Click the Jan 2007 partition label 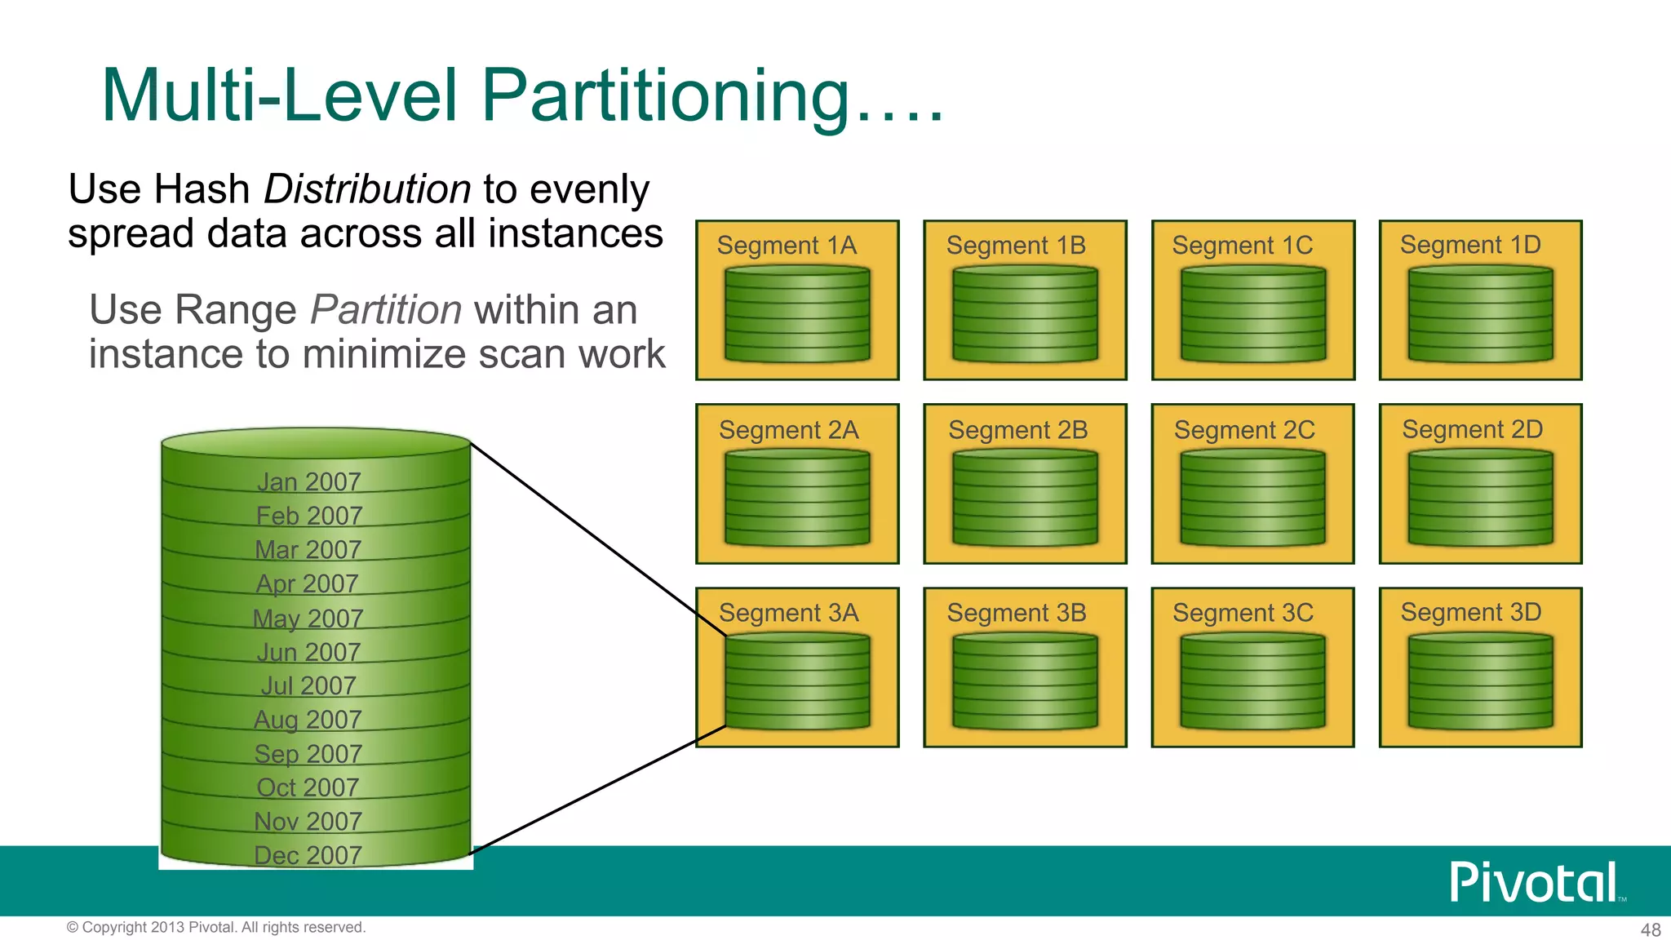pos(308,482)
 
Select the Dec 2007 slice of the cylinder pos(308,855)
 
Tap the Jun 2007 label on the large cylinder pos(308,652)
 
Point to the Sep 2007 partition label pos(308,754)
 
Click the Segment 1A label pos(787,246)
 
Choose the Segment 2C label pos(1244,430)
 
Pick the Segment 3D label pos(1471,613)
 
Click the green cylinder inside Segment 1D pos(1480,315)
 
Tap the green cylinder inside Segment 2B pos(1025,499)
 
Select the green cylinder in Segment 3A pos(797,682)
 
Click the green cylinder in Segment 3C pos(1252,682)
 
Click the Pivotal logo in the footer pos(1535,882)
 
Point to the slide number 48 pos(1651,929)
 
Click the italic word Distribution pos(367,189)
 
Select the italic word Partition pos(386,310)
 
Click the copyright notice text pos(216,928)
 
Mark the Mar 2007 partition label pos(308,550)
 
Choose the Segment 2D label pos(1472,430)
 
